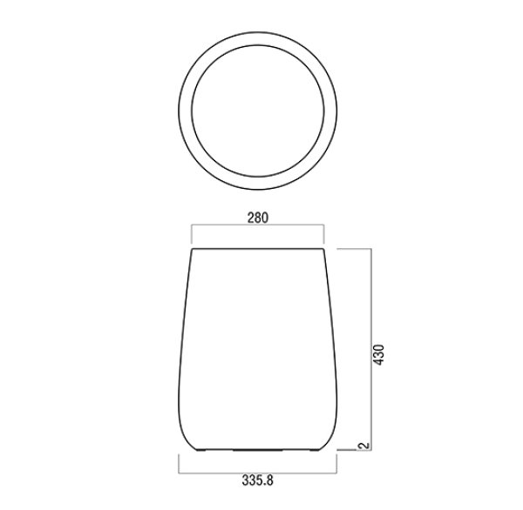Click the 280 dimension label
[x=257, y=218]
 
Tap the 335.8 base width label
[x=257, y=480]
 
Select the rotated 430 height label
[x=379, y=354]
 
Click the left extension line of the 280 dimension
[x=192, y=234]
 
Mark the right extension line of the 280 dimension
[x=324, y=234]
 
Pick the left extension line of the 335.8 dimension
[x=179, y=463]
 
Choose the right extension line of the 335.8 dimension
[x=336, y=463]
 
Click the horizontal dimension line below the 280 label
[x=257, y=225]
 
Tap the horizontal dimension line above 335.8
[x=258, y=473]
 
